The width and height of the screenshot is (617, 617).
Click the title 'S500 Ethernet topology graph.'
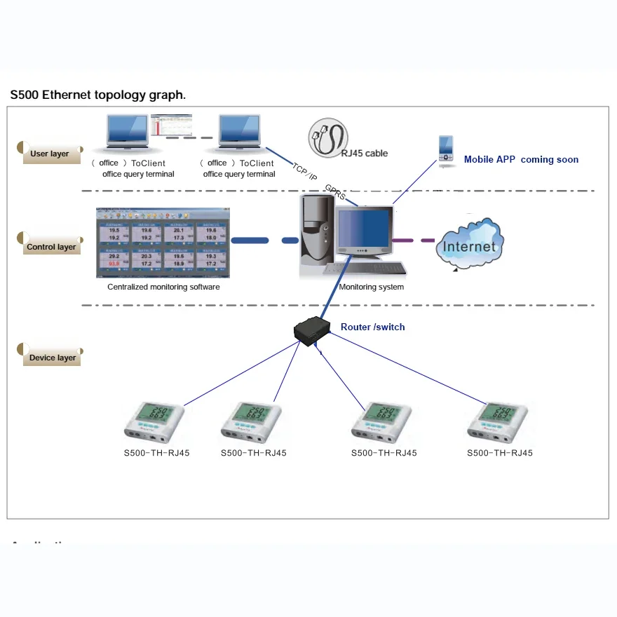tap(97, 95)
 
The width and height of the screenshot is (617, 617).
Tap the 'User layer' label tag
tap(50, 154)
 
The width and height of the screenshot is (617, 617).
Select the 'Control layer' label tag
tap(51, 247)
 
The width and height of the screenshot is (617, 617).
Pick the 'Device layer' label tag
tap(53, 358)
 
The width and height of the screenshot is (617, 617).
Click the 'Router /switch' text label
tap(372, 327)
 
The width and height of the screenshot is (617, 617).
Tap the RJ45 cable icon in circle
tap(327, 138)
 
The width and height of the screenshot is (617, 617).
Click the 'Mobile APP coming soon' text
tap(521, 159)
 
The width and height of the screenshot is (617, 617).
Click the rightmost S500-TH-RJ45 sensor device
tap(499, 423)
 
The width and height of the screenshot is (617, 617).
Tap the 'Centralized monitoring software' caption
tap(163, 287)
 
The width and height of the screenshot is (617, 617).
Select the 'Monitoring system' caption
tap(371, 287)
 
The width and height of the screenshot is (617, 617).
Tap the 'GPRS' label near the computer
tap(335, 191)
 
